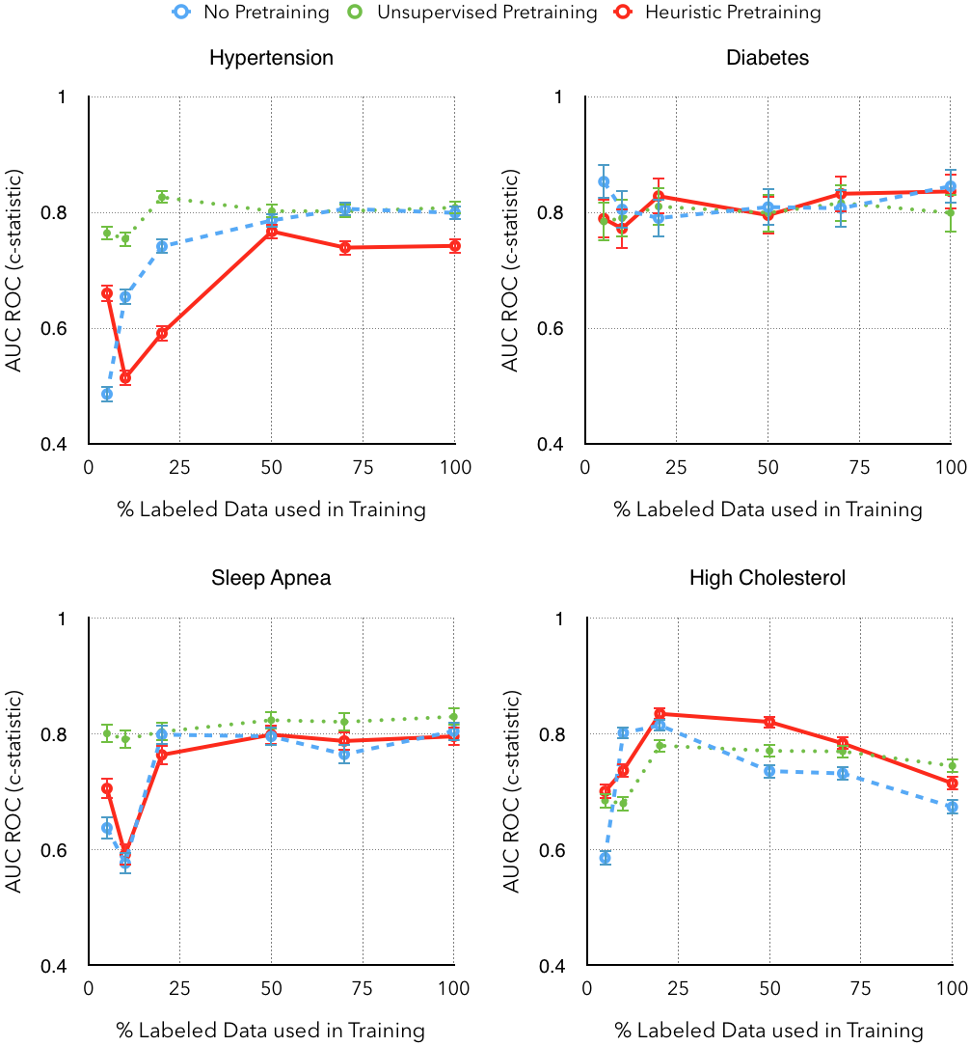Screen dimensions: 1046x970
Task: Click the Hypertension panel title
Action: tap(271, 58)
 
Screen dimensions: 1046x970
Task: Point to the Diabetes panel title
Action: tap(768, 58)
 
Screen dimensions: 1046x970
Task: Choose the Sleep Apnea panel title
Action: tap(271, 578)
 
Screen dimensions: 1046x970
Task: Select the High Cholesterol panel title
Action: tap(768, 578)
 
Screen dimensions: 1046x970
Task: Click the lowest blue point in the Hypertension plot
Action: tap(107, 394)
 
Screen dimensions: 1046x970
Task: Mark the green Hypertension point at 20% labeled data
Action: tap(162, 197)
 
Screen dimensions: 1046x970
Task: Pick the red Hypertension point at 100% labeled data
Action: tap(455, 246)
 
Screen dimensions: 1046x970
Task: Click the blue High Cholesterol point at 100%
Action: tap(952, 807)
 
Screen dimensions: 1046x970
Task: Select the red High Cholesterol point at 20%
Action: tap(660, 714)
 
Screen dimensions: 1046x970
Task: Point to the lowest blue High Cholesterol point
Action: tap(605, 858)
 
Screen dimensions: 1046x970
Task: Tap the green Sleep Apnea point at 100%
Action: tap(455, 717)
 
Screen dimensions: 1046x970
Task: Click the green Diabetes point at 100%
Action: tap(952, 212)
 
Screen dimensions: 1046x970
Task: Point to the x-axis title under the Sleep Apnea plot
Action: tap(271, 1031)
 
